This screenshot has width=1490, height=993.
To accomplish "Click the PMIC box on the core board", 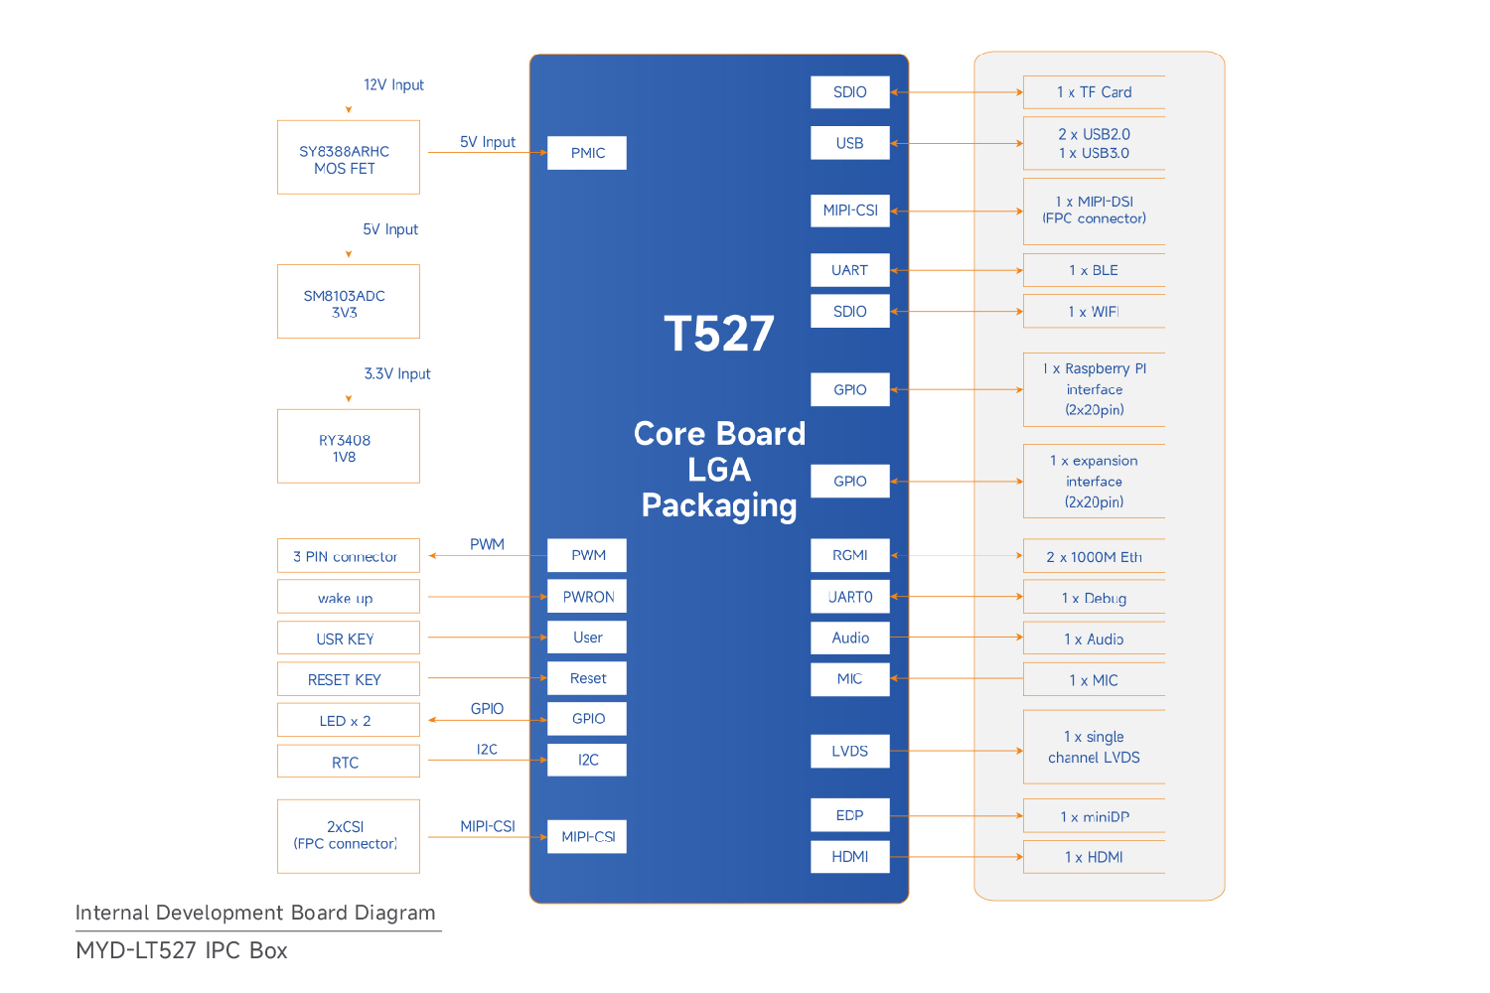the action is coord(587,153).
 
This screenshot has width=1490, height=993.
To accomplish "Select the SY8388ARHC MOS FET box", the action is coord(349,157).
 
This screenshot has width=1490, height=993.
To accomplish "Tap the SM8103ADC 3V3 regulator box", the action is coord(349,301).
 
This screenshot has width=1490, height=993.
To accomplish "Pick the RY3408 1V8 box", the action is coord(349,446).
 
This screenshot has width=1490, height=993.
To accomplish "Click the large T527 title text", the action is coord(719,334).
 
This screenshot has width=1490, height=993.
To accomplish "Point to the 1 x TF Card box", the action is coord(1095,92).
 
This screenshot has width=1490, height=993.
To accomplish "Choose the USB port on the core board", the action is coord(850,143).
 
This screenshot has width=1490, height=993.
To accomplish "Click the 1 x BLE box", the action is coord(1095,270).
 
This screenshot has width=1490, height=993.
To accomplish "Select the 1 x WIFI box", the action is coord(1095,311).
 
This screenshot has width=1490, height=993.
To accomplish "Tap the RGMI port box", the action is coord(850,555).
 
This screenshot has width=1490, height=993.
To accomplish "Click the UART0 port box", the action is coord(850,597).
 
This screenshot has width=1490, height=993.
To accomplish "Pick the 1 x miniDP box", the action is coord(1095,816).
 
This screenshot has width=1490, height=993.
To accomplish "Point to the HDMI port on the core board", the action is coord(850,857).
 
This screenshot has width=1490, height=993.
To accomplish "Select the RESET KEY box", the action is coord(349,679).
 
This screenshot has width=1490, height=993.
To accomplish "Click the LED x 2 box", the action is coord(349,720).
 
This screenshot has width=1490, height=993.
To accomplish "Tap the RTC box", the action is coord(349,762).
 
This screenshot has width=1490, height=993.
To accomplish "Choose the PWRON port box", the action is coord(587,597).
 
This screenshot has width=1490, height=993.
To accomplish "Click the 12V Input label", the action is coord(393,85).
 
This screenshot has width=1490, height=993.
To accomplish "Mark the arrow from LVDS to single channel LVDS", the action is coord(957,751).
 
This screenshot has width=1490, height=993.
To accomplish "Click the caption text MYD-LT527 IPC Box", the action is coord(182,951).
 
